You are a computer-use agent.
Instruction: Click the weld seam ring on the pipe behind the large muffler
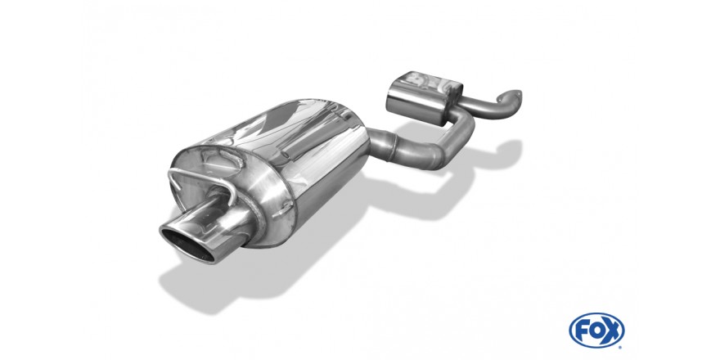393,147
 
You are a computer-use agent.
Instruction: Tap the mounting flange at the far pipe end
509,98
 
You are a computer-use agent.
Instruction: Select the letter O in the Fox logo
598,331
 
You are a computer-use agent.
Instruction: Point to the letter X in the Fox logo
613,330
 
